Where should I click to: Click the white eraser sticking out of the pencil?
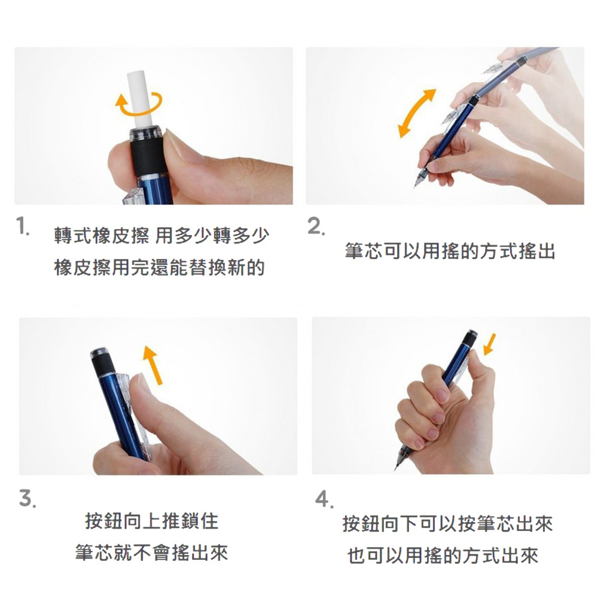[140, 99]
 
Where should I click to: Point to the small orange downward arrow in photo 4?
[490, 344]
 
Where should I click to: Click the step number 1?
[23, 227]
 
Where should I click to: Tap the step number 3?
[28, 499]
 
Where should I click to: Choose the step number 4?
[324, 499]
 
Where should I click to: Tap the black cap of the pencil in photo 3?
[102, 362]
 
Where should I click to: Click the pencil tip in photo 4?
[395, 468]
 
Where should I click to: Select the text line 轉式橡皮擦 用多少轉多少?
[161, 235]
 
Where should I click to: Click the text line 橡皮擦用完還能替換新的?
[160, 267]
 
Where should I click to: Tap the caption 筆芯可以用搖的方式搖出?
[450, 251]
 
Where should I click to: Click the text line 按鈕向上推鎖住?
[152, 521]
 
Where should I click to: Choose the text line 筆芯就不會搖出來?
[152, 553]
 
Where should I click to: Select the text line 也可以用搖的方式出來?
[443, 556]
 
